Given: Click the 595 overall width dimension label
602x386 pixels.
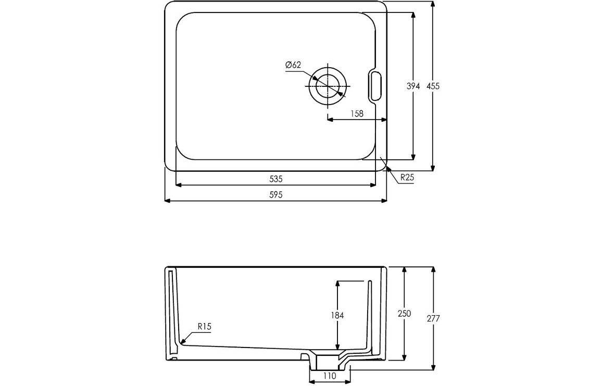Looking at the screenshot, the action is (x=275, y=195).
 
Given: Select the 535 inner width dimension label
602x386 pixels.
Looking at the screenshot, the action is (x=275, y=179).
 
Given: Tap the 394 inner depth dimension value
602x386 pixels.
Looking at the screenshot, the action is (x=413, y=86).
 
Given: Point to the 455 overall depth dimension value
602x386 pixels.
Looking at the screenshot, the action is (x=433, y=86).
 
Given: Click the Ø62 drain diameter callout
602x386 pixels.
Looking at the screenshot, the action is (x=293, y=65).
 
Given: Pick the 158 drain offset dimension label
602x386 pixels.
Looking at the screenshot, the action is (x=357, y=113).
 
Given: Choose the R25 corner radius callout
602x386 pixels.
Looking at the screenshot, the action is (x=407, y=177).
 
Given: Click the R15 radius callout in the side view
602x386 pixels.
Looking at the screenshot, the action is (x=205, y=327).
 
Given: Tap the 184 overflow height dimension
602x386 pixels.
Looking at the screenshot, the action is (x=337, y=315).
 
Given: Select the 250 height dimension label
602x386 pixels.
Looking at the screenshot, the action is (x=404, y=314).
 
